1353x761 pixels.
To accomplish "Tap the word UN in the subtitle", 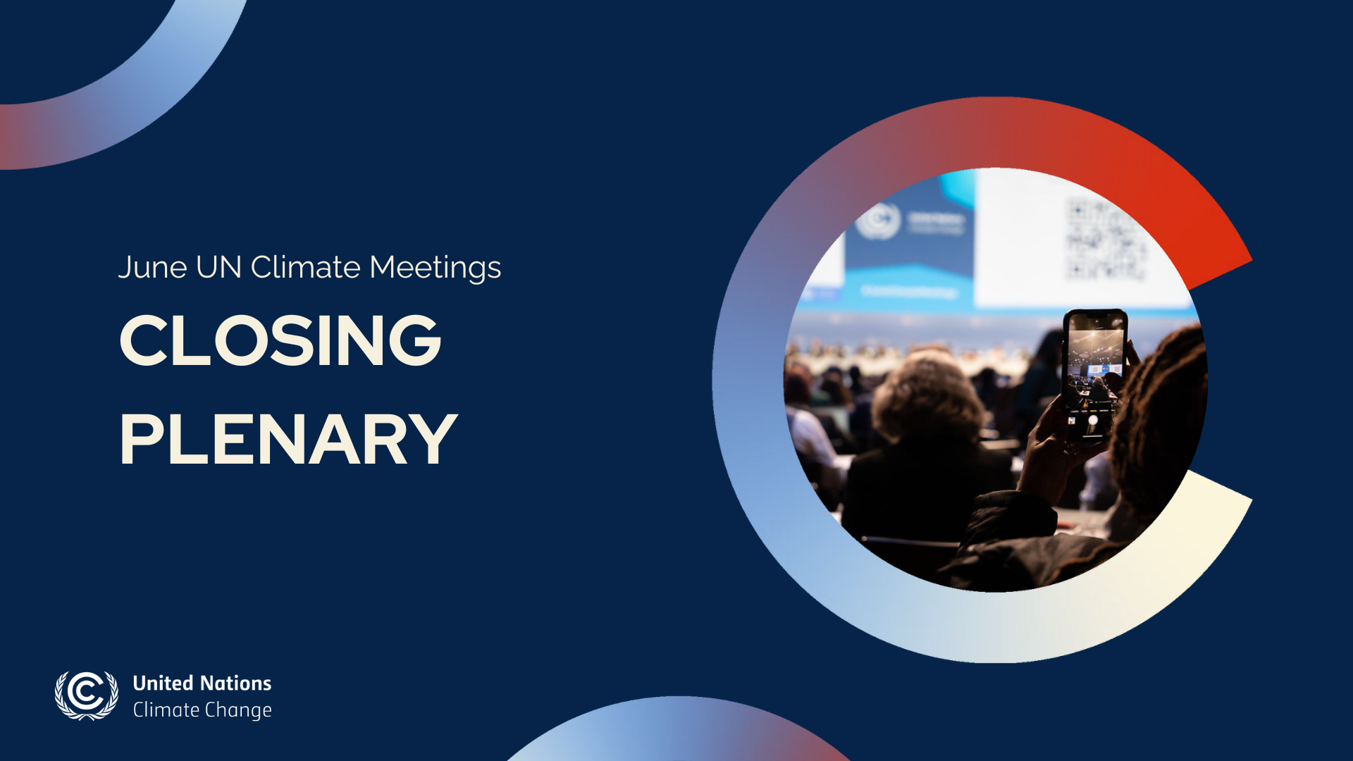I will click(x=218, y=268).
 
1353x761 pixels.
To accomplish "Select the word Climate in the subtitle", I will click(x=306, y=268).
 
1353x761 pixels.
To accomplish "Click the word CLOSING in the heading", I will click(x=280, y=340).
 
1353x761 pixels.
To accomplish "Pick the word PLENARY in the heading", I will click(x=289, y=440).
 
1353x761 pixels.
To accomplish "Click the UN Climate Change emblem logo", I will click(x=87, y=695).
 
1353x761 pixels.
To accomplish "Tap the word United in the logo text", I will click(x=162, y=683).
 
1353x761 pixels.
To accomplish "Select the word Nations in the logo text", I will click(x=235, y=683).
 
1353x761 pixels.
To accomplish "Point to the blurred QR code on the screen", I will click(x=1104, y=240).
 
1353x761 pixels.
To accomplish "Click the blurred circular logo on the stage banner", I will click(x=877, y=221).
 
